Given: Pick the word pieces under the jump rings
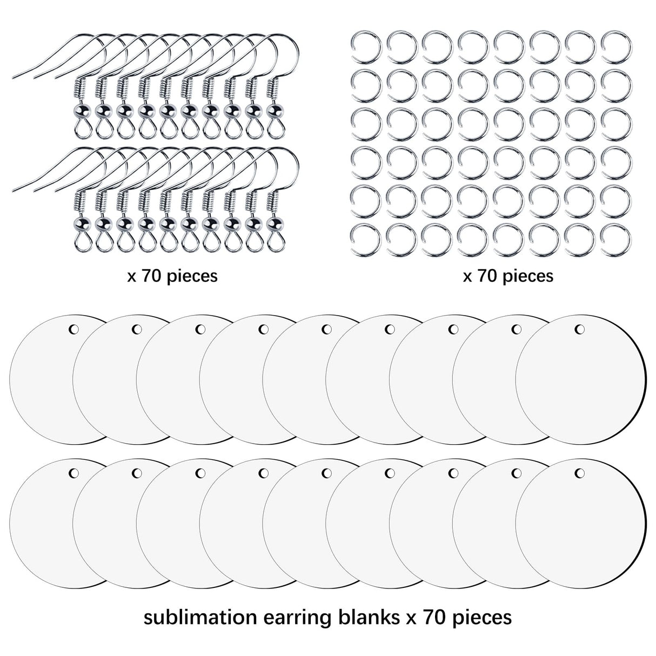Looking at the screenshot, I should click(526, 277).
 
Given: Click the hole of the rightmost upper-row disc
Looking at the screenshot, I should click(580, 329).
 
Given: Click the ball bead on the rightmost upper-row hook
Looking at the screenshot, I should click(274, 110).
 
